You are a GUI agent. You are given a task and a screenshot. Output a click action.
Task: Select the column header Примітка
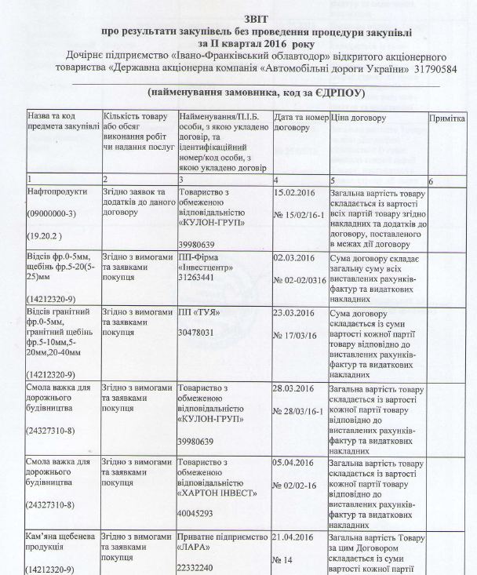447,118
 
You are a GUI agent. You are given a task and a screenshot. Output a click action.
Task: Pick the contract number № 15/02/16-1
302,213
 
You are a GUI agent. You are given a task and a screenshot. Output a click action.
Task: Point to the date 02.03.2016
295,257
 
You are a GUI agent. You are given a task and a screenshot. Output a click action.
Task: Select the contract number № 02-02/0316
303,279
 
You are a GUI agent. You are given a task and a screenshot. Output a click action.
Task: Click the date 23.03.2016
295,311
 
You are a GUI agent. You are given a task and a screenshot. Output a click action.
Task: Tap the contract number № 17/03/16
296,334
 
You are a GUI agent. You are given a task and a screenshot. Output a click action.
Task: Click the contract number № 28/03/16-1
302,410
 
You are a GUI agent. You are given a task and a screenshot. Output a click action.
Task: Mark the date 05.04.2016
295,464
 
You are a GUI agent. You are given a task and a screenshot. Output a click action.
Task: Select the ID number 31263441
198,278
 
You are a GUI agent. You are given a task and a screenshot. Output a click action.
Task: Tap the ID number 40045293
198,515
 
